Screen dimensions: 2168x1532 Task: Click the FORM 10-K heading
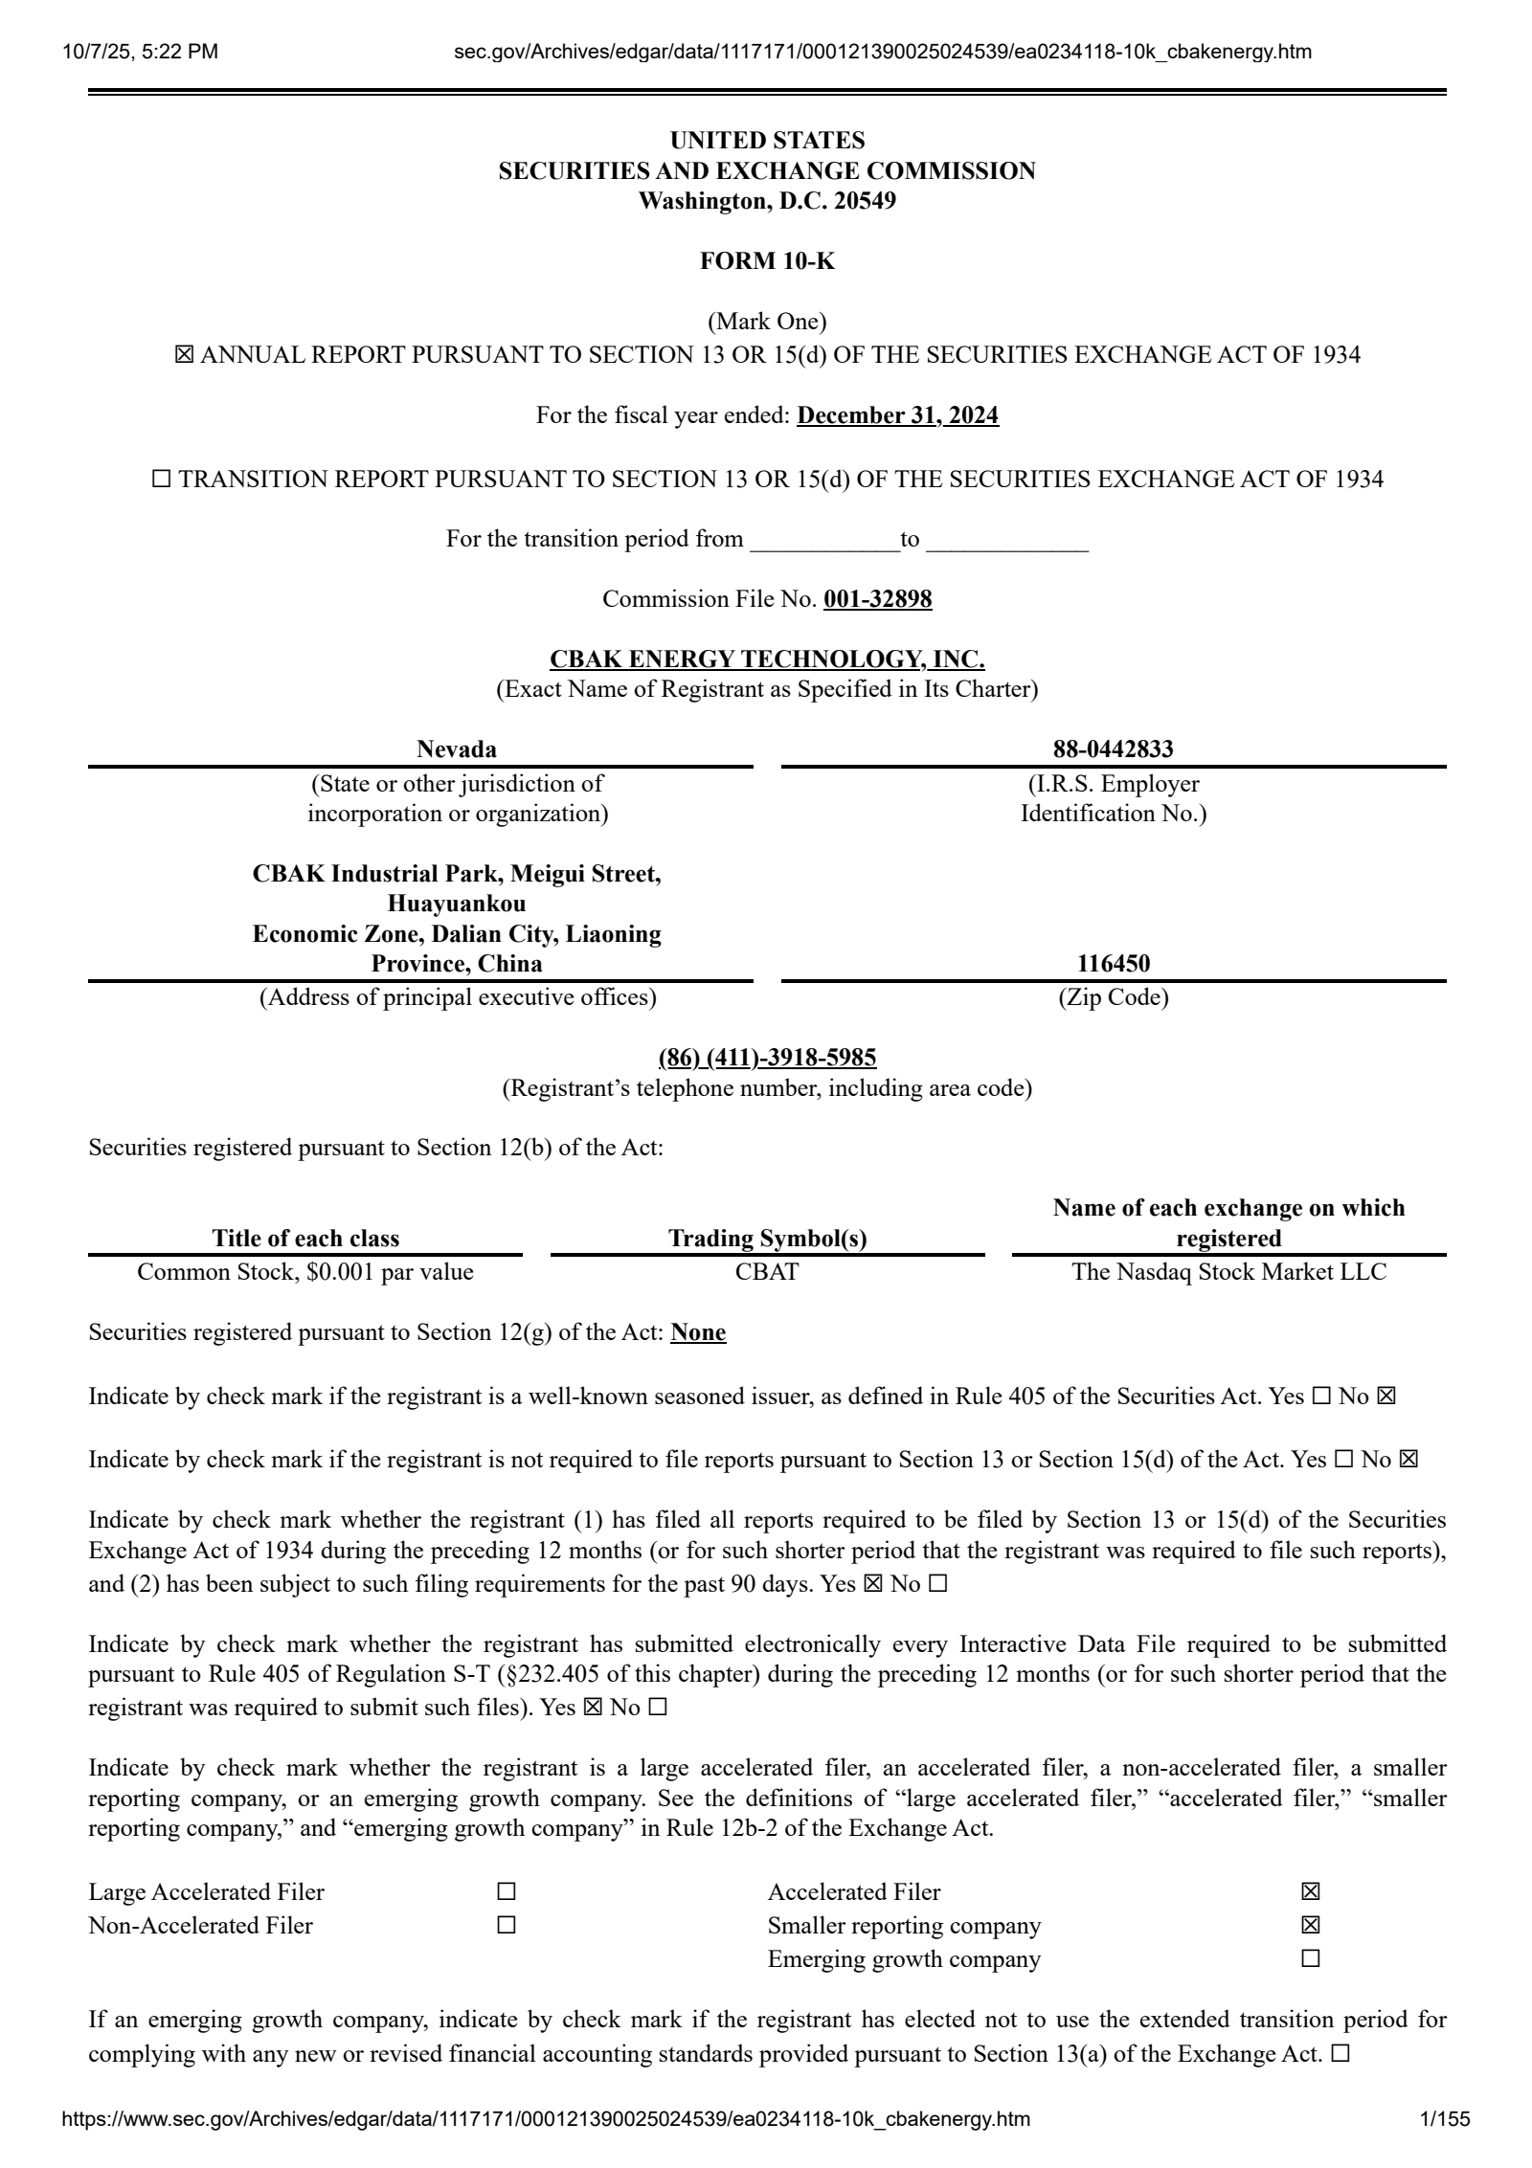pyautogui.click(x=766, y=261)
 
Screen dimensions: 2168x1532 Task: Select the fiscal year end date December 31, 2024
pyautogui.click(x=897, y=415)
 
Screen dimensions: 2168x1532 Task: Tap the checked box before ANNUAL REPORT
pyautogui.click(x=184, y=355)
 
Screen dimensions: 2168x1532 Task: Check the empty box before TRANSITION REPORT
pyautogui.click(x=162, y=480)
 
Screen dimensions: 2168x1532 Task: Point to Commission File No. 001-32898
pyautogui.click(x=877, y=599)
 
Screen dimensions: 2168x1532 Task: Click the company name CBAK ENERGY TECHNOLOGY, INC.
pyautogui.click(x=766, y=659)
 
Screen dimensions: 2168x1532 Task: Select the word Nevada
pyautogui.click(x=457, y=749)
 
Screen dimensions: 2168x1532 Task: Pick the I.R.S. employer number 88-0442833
pyautogui.click(x=1113, y=749)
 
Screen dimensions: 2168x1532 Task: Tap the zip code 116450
pyautogui.click(x=1113, y=963)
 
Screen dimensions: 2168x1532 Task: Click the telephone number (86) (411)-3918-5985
pyautogui.click(x=766, y=1057)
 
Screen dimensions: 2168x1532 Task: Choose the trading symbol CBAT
pyautogui.click(x=767, y=1272)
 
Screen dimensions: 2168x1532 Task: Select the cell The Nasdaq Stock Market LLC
pyautogui.click(x=1228, y=1272)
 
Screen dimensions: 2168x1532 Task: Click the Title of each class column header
pyautogui.click(x=305, y=1239)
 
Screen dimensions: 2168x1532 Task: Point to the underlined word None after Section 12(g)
pyautogui.click(x=698, y=1332)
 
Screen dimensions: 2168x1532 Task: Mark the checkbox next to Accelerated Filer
pyautogui.click(x=1311, y=1892)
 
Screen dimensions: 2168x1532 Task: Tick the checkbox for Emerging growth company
pyautogui.click(x=1311, y=1959)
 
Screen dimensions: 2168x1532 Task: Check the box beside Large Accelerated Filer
pyautogui.click(x=507, y=1892)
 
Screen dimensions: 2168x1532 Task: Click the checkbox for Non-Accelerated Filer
pyautogui.click(x=507, y=1926)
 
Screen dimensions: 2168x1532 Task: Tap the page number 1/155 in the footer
pyautogui.click(x=1445, y=2145)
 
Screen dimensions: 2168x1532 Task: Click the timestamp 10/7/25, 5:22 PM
pyautogui.click(x=140, y=52)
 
